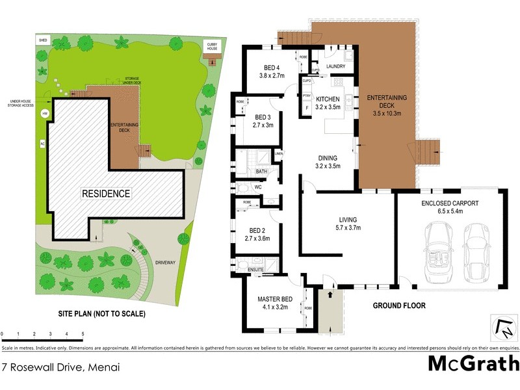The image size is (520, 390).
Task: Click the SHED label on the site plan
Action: tap(43, 40)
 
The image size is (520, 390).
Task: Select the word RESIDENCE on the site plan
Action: tap(106, 193)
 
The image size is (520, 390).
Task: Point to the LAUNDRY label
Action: tap(335, 66)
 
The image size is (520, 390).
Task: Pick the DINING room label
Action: tap(328, 157)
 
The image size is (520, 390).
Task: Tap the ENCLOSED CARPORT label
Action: tap(449, 203)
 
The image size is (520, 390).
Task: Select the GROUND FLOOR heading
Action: tap(399, 305)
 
